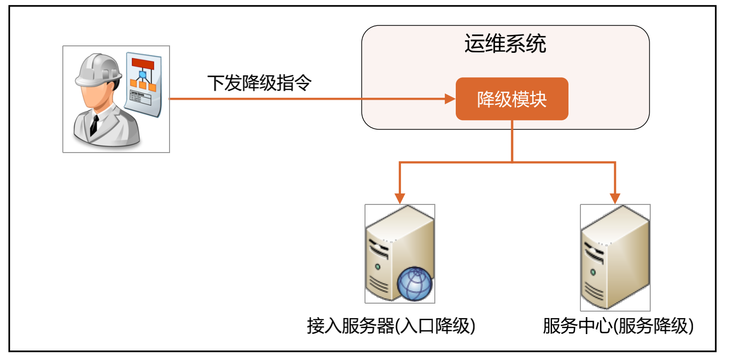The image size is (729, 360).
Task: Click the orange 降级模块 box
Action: [x=512, y=99]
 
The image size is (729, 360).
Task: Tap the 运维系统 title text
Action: [x=505, y=44]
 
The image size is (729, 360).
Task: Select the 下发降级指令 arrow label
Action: [x=259, y=83]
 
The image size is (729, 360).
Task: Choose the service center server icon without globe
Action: [x=615, y=257]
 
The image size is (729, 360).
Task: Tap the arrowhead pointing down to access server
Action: [x=399, y=197]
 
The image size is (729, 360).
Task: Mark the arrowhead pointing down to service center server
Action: [x=615, y=197]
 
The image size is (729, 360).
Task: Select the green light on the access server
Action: [x=378, y=267]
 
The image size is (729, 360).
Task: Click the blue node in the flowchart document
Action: [x=143, y=75]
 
